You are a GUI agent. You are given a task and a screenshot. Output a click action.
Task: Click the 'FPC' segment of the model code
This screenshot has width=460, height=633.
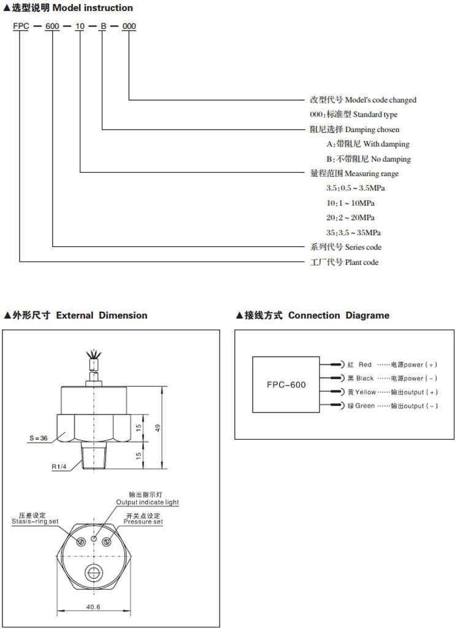point(21,26)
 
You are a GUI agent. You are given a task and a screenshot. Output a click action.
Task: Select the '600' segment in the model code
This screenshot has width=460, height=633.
point(53,26)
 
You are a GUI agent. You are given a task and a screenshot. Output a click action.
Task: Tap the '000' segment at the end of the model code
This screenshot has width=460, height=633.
point(129,26)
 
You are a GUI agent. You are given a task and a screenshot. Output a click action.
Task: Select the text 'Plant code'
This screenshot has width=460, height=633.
point(362,262)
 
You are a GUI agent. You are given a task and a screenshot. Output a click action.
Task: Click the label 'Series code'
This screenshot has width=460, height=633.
point(363,247)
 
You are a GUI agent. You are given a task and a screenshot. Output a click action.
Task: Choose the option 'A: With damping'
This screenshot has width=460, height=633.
point(369,144)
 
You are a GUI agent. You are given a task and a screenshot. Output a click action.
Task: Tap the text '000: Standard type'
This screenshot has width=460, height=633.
point(354,115)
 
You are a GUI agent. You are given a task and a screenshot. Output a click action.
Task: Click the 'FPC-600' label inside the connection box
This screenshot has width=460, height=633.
point(286,385)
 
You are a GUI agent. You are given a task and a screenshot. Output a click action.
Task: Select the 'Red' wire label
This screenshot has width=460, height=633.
point(365,365)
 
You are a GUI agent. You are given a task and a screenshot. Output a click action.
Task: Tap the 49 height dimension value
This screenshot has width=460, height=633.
point(158,428)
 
